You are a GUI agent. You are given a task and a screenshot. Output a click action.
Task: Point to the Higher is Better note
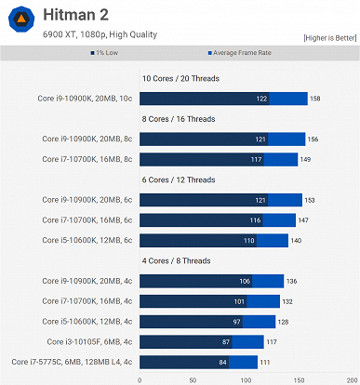click(x=329, y=38)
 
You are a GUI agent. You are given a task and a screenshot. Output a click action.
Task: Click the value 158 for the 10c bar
click(x=314, y=98)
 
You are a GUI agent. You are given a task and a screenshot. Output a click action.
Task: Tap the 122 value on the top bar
click(x=261, y=98)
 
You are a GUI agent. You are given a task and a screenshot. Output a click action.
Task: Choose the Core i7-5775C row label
click(x=73, y=362)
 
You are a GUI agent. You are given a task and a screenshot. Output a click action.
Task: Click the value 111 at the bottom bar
click(x=265, y=362)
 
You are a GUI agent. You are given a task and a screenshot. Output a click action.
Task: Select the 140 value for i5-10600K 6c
click(x=296, y=240)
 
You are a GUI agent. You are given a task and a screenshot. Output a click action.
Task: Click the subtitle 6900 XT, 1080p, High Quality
click(x=100, y=34)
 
